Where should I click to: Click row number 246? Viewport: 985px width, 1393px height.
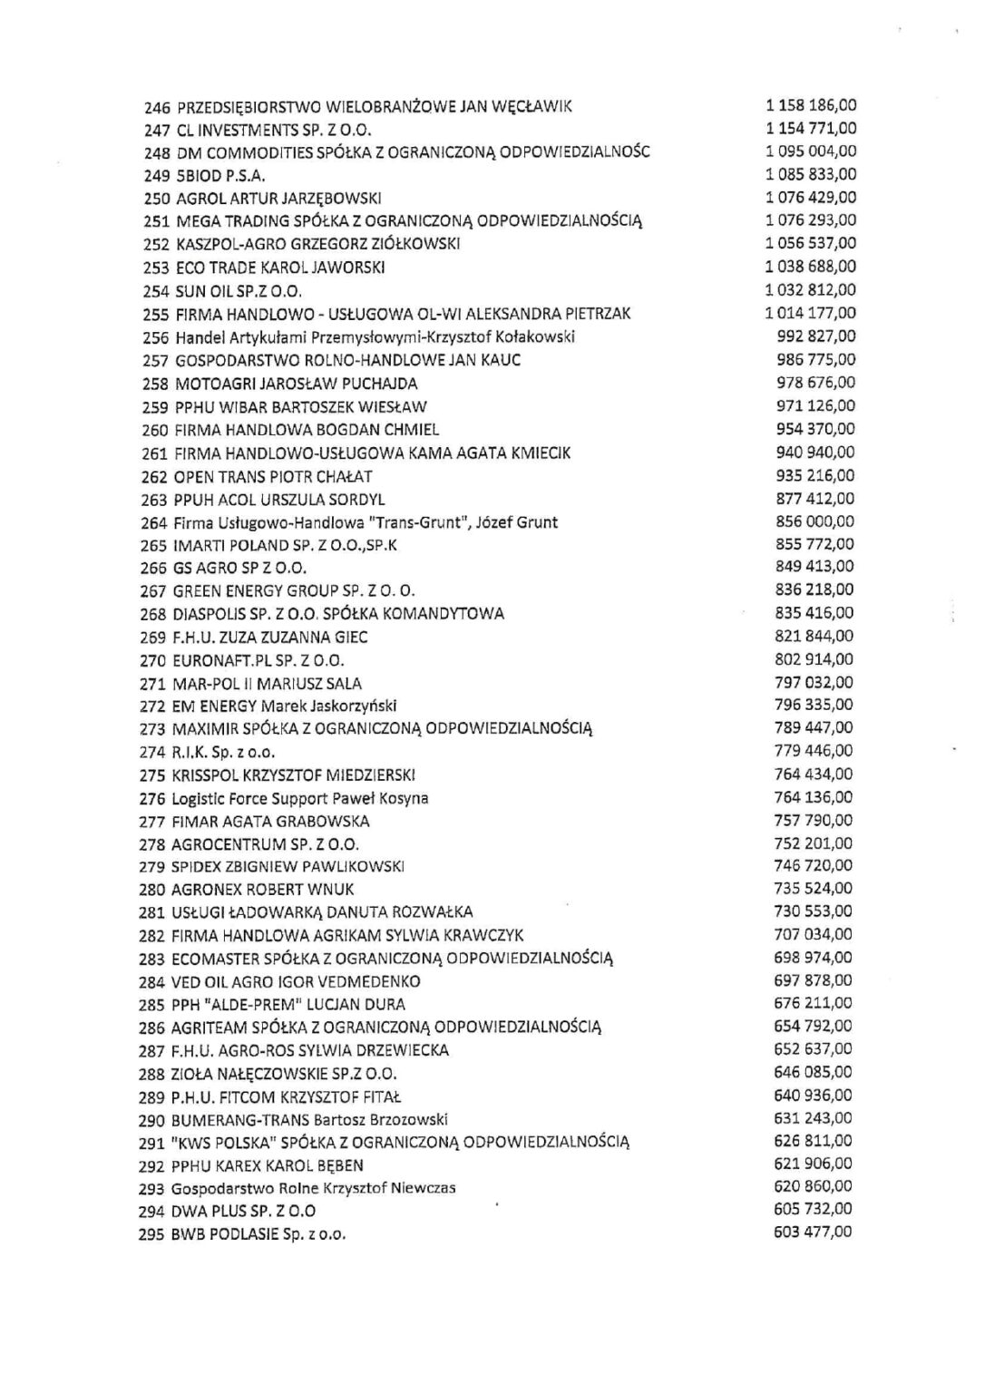tap(158, 106)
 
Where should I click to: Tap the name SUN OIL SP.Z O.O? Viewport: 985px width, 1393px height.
tap(238, 291)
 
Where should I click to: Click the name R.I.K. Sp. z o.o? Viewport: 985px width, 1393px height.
tap(223, 753)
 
